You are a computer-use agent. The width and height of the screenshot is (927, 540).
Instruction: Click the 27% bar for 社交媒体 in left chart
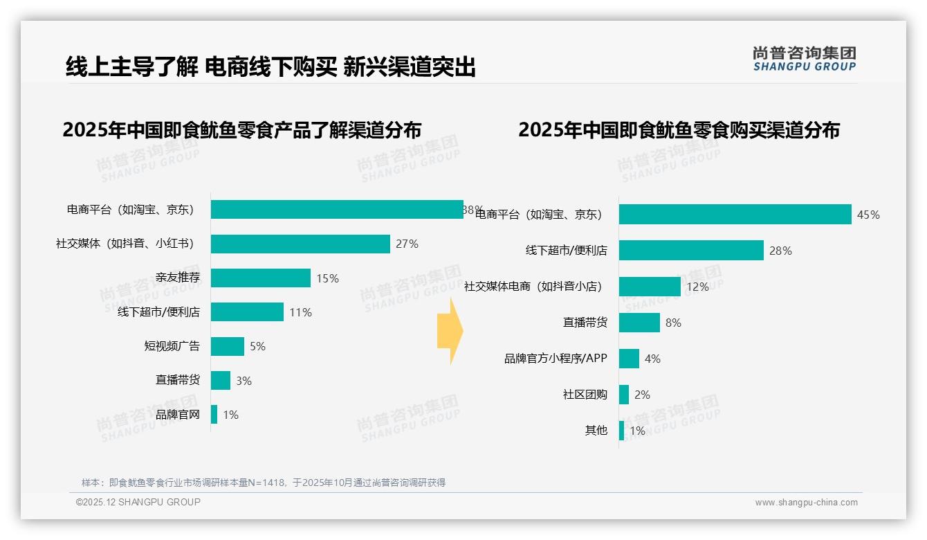click(300, 244)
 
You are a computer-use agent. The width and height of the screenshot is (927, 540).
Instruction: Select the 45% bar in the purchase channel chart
click(735, 215)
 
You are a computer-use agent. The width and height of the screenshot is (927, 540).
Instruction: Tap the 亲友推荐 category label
click(178, 278)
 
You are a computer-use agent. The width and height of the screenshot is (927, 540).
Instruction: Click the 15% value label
click(327, 278)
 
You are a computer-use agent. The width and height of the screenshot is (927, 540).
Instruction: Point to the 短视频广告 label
click(172, 346)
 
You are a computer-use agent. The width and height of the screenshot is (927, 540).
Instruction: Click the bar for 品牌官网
click(214, 415)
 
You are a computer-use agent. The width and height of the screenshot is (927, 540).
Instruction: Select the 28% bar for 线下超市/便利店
click(691, 251)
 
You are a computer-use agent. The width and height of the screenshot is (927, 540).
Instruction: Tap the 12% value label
click(697, 287)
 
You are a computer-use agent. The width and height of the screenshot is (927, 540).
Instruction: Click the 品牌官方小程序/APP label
click(556, 359)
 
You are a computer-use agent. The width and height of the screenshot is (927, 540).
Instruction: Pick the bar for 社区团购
click(624, 395)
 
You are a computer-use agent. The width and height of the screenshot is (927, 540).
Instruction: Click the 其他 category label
click(596, 431)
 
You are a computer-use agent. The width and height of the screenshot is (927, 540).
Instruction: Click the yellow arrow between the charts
click(450, 332)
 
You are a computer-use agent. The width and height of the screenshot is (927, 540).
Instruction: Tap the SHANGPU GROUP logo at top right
click(804, 59)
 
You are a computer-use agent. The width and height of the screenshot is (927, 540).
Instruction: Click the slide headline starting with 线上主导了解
click(270, 67)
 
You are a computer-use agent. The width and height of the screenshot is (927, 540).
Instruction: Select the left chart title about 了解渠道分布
click(242, 129)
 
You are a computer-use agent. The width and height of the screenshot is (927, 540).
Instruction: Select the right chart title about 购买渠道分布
click(679, 129)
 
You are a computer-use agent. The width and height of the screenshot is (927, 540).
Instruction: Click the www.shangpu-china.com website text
click(806, 503)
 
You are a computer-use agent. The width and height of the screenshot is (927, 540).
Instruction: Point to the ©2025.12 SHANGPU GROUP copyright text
click(138, 502)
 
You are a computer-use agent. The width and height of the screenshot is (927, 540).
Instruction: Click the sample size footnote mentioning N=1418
click(264, 483)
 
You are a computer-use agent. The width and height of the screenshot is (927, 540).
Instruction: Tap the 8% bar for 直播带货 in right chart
click(639, 323)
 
